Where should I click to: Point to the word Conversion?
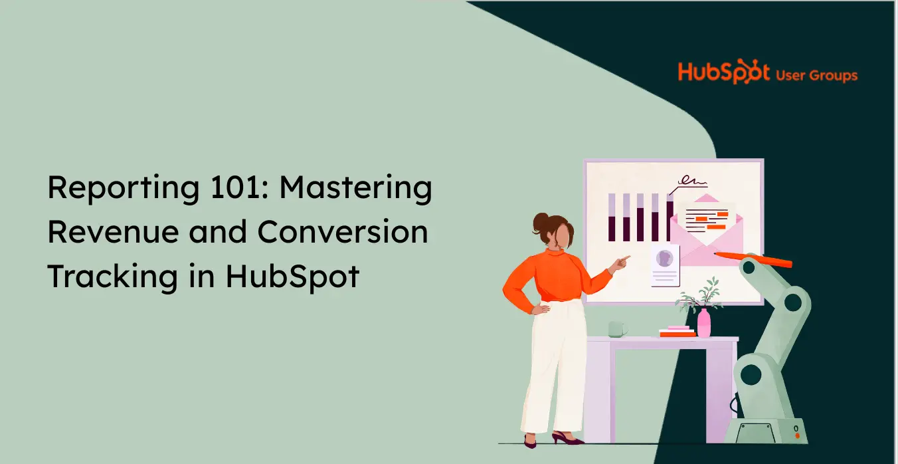pyautogui.click(x=343, y=231)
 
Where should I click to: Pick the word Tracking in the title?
pyautogui.click(x=113, y=277)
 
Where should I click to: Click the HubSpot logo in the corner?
pyautogui.click(x=723, y=72)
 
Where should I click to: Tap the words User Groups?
pyautogui.click(x=816, y=76)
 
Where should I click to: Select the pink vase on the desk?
pyautogui.click(x=704, y=323)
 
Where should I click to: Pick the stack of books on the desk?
pyautogui.click(x=677, y=332)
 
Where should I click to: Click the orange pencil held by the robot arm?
pyautogui.click(x=753, y=259)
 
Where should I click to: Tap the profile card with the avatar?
pyautogui.click(x=665, y=266)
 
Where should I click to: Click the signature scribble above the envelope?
pyautogui.click(x=690, y=183)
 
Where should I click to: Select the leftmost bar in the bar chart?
pyautogui.click(x=612, y=217)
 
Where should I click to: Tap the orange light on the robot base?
pyautogui.click(x=798, y=436)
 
